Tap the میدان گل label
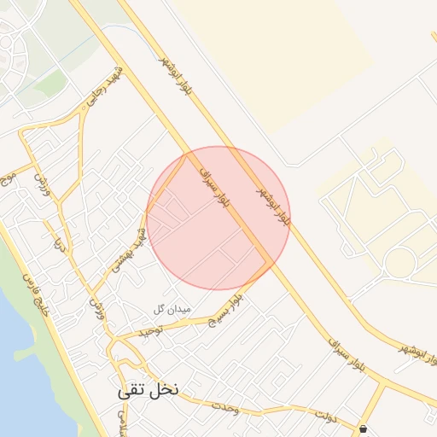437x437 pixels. pyautogui.click(x=173, y=308)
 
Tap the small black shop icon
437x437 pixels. pyautogui.click(x=364, y=428)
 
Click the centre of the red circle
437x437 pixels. pyautogui.click(x=218, y=218)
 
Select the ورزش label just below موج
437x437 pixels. pyautogui.click(x=40, y=181)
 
